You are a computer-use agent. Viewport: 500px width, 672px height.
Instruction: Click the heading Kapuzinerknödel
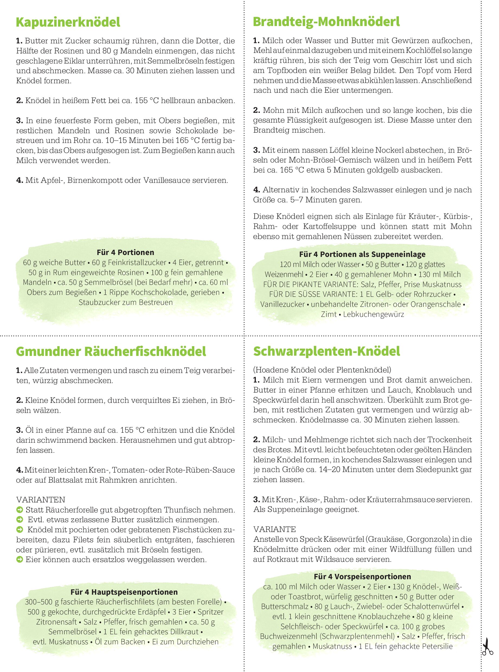68,23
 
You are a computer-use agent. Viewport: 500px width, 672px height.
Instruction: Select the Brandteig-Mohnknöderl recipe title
326,22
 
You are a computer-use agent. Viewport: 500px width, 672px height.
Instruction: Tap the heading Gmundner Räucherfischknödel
111,351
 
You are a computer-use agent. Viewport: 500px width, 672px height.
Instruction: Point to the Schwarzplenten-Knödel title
326,351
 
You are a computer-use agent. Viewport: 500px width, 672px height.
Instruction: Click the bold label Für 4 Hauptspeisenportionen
124,592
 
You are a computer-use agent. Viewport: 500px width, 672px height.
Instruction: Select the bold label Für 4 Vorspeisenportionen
362,576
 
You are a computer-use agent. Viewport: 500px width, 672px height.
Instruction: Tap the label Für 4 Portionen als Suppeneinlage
362,254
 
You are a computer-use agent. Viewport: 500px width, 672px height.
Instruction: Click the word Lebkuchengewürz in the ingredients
373,314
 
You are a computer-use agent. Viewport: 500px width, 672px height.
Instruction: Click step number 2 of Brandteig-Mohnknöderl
257,110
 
